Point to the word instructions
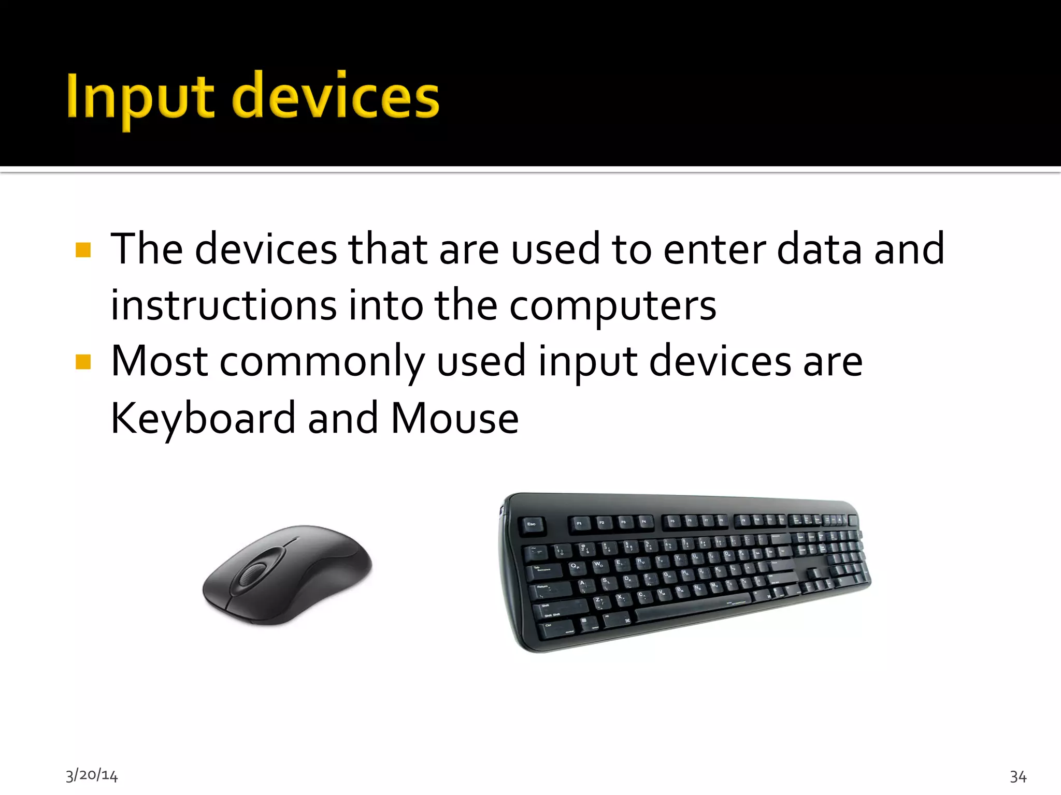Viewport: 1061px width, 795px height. tap(224, 305)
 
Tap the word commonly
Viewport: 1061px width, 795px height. tap(322, 362)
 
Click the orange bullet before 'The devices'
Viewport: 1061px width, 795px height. tap(83, 250)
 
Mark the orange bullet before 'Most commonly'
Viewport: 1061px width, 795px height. tap(83, 362)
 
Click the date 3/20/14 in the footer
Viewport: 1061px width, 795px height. tap(92, 775)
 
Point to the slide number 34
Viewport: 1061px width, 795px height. tap(1018, 776)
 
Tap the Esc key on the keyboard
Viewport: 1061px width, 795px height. tap(532, 525)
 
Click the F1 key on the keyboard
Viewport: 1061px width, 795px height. tap(580, 524)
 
